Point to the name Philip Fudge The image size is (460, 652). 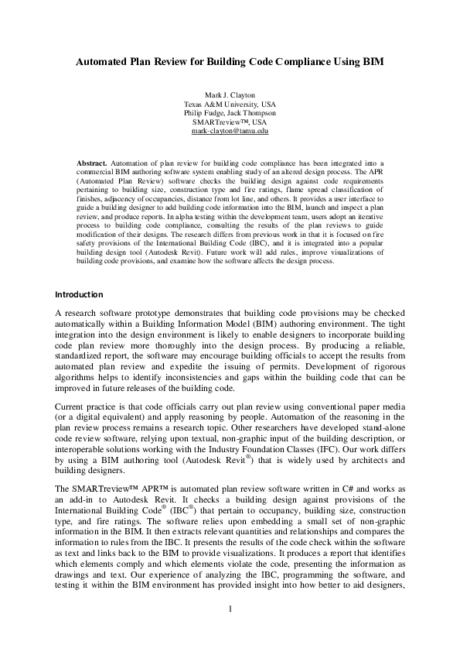click(x=206, y=113)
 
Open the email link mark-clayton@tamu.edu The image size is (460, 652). click(x=230, y=132)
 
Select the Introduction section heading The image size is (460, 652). click(x=78, y=295)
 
